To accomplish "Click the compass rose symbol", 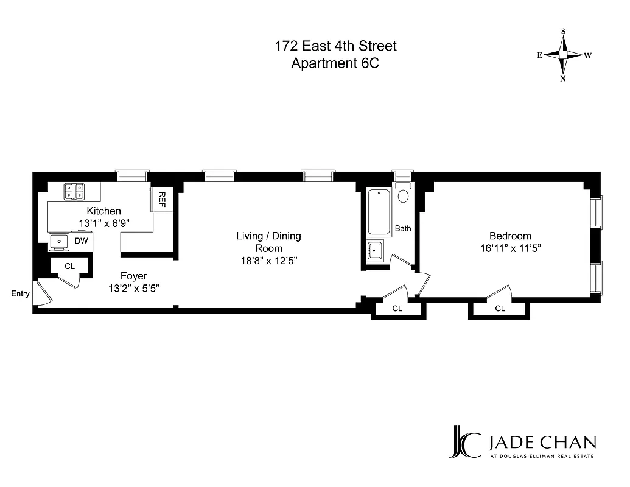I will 564,55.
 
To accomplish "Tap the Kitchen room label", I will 103,211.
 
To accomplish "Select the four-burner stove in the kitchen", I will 75,192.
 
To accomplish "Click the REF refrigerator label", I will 163,199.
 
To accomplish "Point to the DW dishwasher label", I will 81,241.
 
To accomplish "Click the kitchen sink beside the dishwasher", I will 60,242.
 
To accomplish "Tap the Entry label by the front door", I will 20,294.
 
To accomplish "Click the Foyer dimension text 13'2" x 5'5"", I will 133,289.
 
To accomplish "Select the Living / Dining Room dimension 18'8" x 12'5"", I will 268,261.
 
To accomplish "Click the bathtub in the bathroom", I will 380,212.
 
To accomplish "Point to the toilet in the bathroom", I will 403,194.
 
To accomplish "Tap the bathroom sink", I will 376,250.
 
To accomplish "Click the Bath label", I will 403,229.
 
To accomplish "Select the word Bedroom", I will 510,236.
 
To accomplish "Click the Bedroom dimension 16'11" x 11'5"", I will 510,248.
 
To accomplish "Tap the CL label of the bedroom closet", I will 500,309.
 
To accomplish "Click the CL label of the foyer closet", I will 69,266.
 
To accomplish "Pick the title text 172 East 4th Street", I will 335,46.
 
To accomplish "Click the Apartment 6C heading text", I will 335,63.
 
